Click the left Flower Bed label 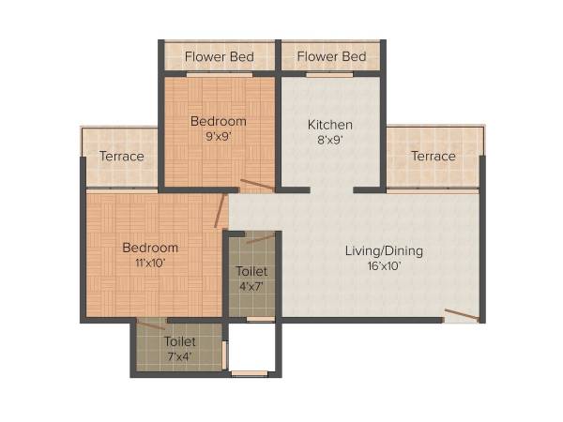point(219,57)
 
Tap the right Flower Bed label point(331,57)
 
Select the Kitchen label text point(330,125)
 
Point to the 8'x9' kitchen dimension point(330,141)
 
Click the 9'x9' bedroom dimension point(219,137)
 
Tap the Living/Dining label point(384,250)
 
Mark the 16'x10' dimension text point(384,266)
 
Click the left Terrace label point(122,156)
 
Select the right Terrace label point(433,156)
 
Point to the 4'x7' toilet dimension point(250,287)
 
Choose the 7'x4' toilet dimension point(179,356)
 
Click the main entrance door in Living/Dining point(461,315)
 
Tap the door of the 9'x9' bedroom point(256,185)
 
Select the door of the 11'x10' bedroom point(221,210)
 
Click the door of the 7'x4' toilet point(150,325)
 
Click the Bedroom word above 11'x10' point(150,248)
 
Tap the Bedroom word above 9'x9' point(219,121)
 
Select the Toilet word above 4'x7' point(250,272)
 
